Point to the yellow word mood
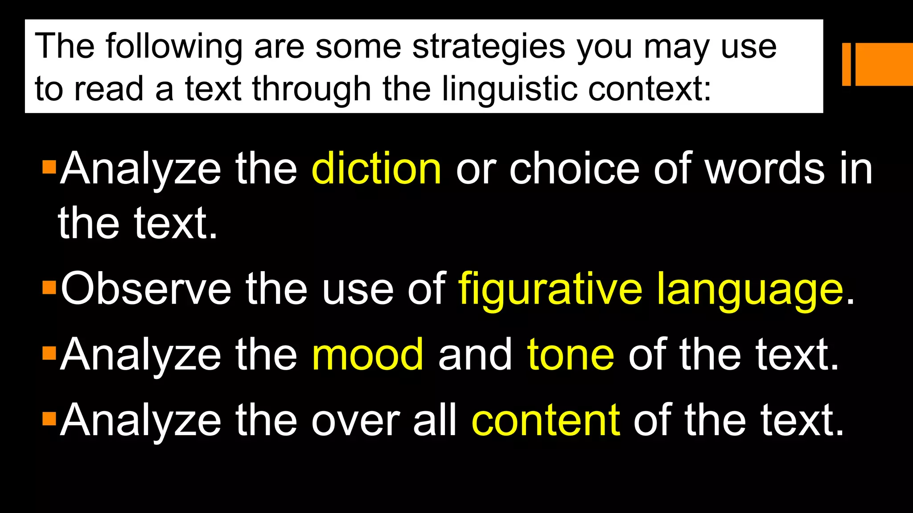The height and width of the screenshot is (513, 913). (368, 355)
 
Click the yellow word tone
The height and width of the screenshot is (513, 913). (570, 355)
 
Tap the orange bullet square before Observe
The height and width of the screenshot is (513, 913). (49, 287)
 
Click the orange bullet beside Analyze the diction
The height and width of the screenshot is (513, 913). (49, 167)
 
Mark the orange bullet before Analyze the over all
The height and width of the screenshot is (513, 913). (49, 419)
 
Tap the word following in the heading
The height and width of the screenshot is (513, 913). (174, 47)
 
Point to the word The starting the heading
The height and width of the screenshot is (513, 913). (65, 46)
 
